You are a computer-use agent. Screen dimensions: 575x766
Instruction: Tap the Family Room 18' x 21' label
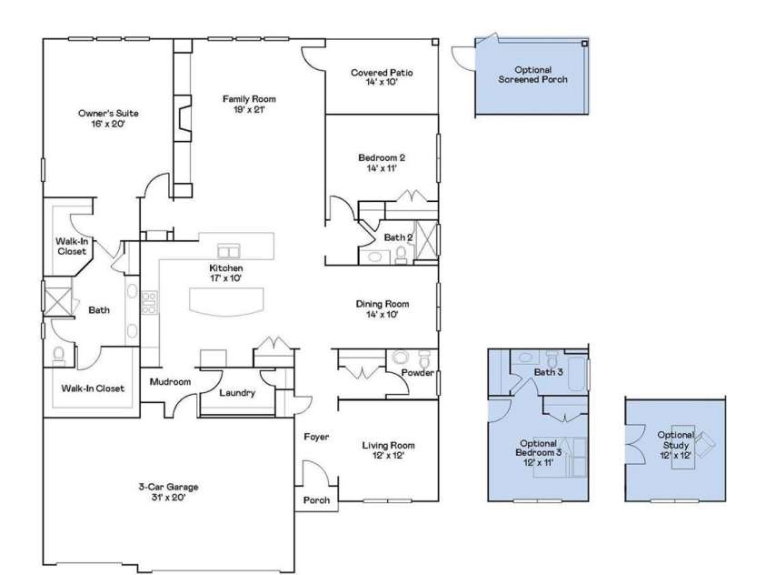tap(249, 104)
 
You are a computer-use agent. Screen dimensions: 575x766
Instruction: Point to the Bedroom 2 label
tap(382, 162)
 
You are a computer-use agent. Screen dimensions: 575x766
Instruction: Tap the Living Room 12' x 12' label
tap(388, 450)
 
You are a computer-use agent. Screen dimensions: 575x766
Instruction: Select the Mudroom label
tap(170, 382)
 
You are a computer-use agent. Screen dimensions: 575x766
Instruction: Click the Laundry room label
tap(237, 393)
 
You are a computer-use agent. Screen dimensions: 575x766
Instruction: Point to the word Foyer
tap(314, 438)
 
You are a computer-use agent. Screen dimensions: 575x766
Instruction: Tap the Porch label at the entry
tap(315, 501)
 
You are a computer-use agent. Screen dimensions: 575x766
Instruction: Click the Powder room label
tap(416, 372)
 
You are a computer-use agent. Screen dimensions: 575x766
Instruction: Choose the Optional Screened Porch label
tap(533, 75)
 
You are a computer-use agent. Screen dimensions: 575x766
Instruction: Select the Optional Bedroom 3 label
tap(539, 452)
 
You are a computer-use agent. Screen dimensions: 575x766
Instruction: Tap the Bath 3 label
tap(548, 372)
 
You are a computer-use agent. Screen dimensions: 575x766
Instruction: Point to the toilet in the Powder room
tap(401, 358)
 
